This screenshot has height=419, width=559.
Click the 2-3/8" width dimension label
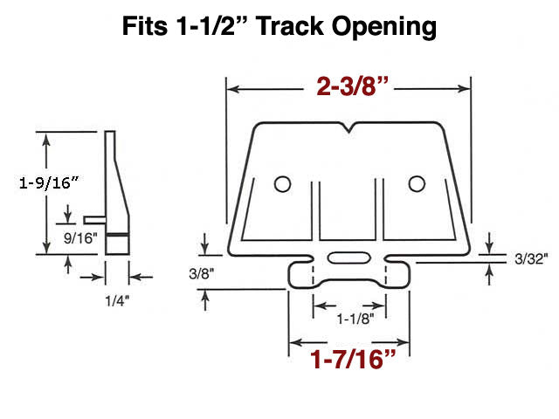click(349, 88)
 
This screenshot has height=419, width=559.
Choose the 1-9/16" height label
click(49, 182)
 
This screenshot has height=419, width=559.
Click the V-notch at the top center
click(349, 130)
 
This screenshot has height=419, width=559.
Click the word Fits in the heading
click(145, 27)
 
